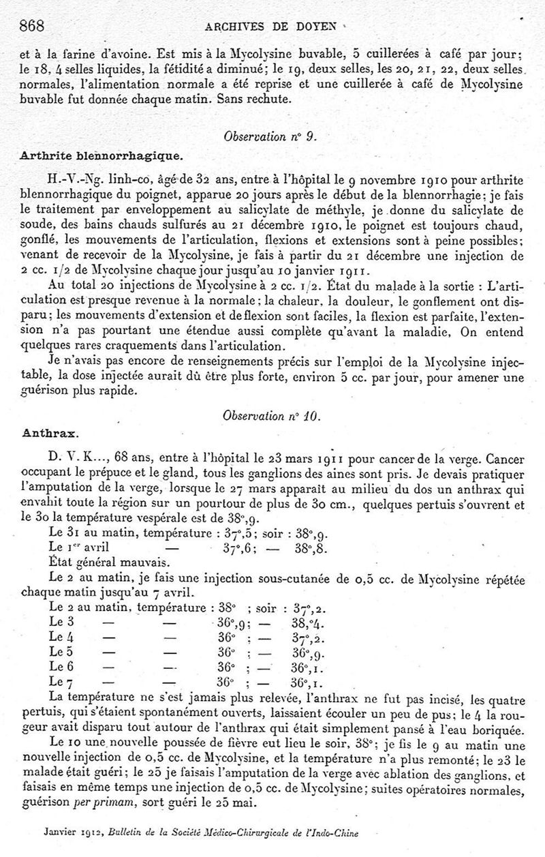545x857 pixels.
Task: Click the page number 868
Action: [33, 27]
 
